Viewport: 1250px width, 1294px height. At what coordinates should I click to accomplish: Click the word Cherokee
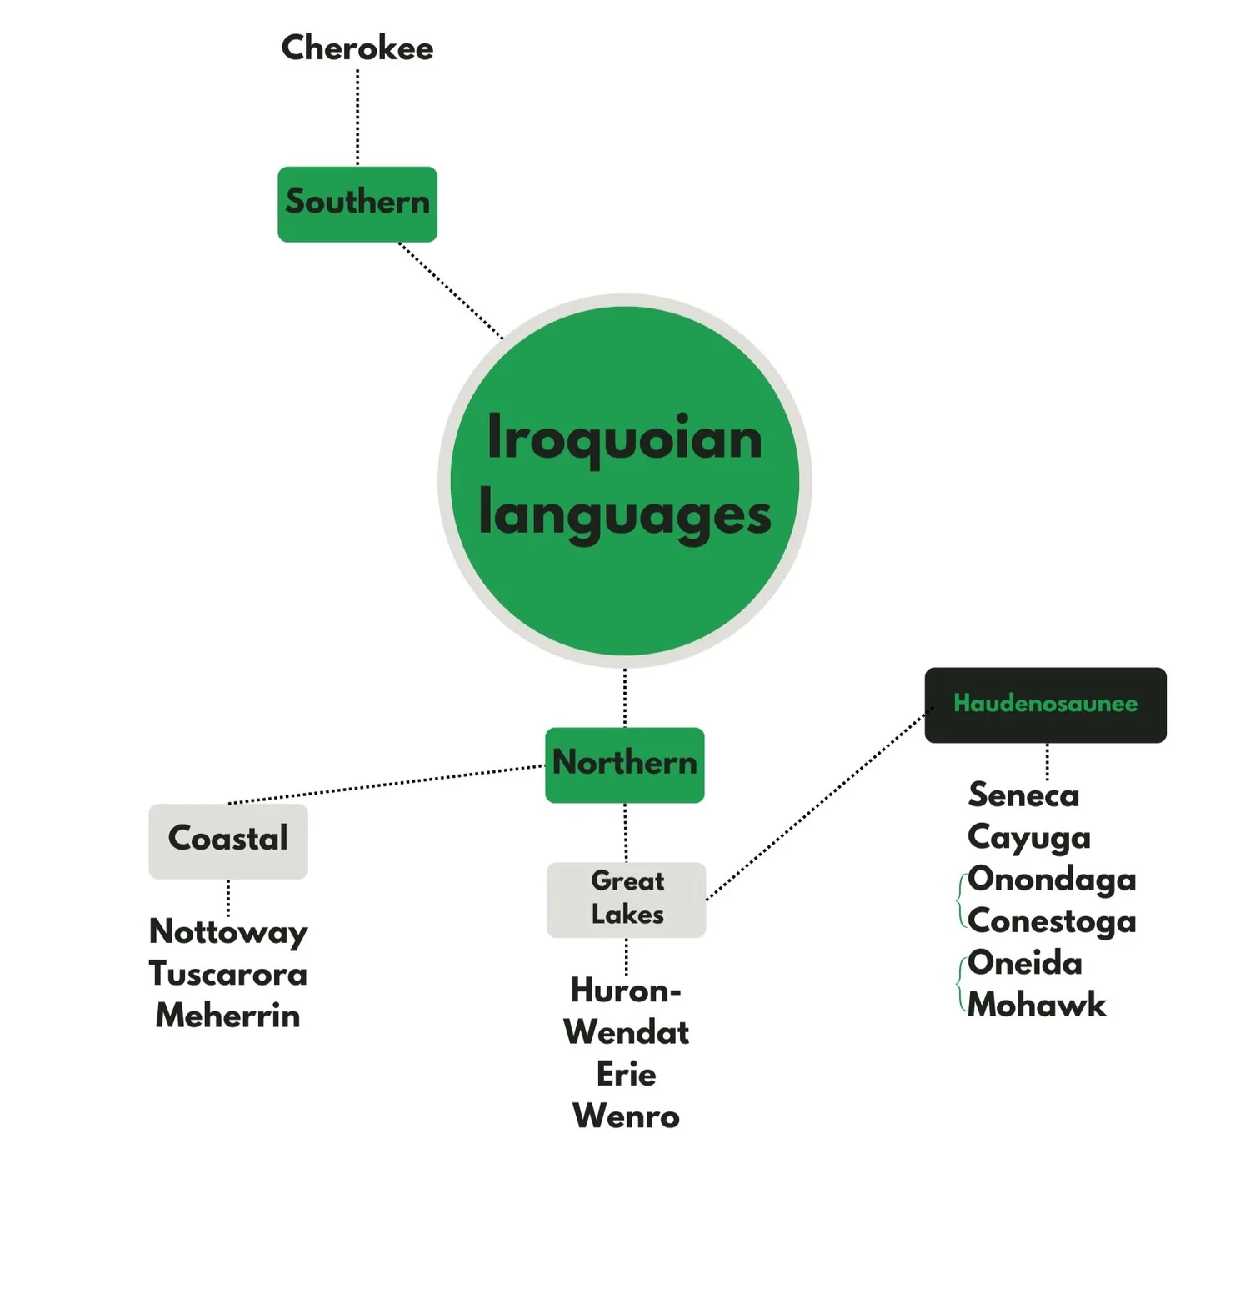tap(357, 48)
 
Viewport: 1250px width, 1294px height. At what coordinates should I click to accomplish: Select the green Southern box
tap(357, 204)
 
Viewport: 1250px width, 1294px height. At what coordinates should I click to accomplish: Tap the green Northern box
tap(624, 765)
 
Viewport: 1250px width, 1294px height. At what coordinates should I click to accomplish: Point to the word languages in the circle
tap(624, 514)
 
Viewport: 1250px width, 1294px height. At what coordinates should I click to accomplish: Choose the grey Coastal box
tap(227, 840)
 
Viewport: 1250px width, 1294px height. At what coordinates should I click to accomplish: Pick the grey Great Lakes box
tap(626, 899)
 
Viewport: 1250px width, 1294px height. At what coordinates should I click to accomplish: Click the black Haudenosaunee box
tap(1045, 705)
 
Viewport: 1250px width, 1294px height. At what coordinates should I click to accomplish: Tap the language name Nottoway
tap(227, 931)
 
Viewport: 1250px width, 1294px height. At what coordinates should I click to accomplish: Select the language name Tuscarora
tap(227, 973)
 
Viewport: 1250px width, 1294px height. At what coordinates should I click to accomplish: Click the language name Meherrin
tap(227, 1016)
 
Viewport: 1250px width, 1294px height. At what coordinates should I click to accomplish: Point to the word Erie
tap(626, 1074)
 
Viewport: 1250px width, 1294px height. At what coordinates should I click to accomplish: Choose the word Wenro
tap(626, 1116)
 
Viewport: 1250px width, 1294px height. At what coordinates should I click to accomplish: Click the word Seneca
tap(1023, 795)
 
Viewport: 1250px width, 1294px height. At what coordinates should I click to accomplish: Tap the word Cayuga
tap(1028, 837)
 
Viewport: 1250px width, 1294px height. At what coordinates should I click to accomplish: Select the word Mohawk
tap(1037, 1005)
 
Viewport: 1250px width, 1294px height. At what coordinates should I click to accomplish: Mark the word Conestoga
tap(1052, 921)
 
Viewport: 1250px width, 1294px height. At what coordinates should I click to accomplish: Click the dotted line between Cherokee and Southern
tap(357, 117)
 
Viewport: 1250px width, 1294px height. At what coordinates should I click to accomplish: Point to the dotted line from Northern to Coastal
tap(383, 785)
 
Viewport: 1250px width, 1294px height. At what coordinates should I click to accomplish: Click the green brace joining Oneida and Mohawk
tap(960, 984)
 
